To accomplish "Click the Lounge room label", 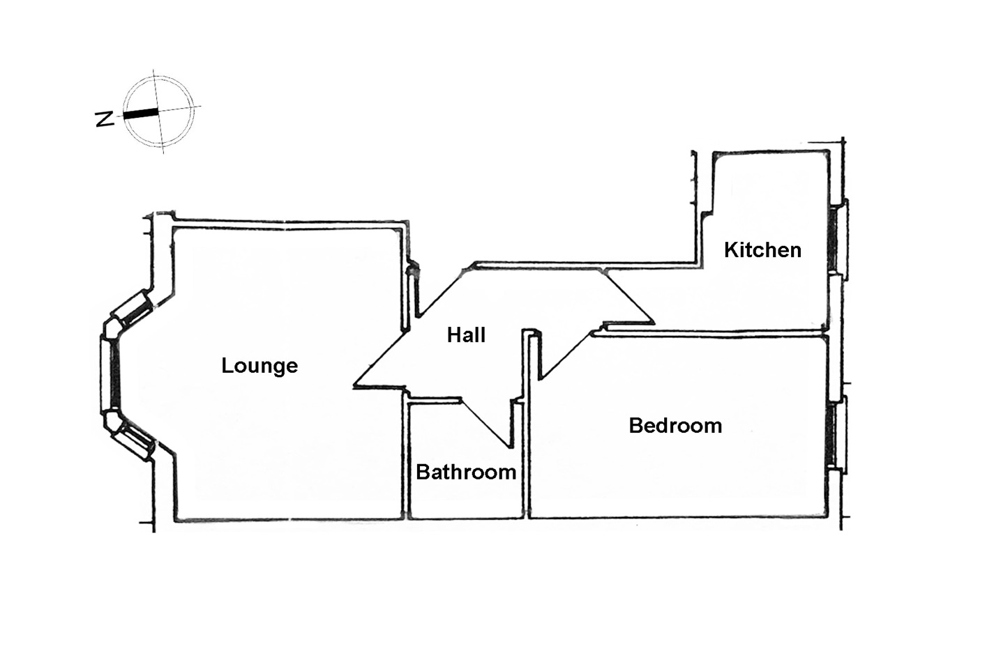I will [x=259, y=366].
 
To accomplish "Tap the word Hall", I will [x=466, y=335].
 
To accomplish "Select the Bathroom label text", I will [x=466, y=472].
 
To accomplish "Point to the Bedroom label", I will [x=675, y=426].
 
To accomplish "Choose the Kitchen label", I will [x=762, y=250].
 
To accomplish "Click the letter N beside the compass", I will [x=105, y=118].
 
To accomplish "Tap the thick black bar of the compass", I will [x=141, y=113].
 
